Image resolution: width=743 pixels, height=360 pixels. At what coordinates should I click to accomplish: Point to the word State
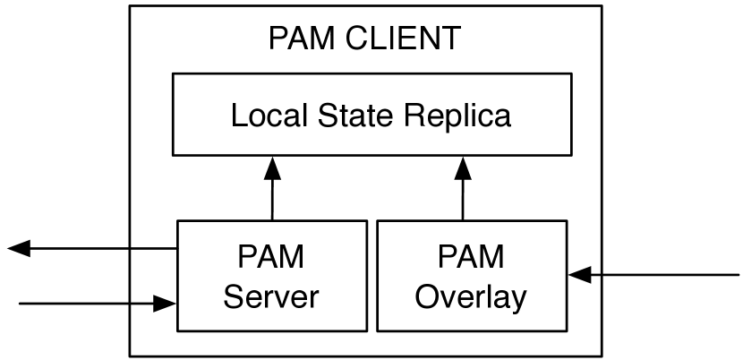(x=346, y=116)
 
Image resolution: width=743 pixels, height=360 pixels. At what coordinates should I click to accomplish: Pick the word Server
(x=271, y=296)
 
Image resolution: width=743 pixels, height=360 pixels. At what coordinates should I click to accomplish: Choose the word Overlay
(x=471, y=296)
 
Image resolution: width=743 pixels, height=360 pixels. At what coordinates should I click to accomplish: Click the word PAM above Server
(x=271, y=257)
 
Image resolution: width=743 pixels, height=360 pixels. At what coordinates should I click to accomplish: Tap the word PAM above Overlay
(x=471, y=257)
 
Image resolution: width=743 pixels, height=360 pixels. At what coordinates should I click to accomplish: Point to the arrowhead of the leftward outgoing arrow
(x=18, y=249)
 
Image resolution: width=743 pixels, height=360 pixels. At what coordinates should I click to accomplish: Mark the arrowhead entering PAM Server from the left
(x=167, y=304)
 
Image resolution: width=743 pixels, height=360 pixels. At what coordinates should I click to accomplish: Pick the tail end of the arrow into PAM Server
(x=20, y=304)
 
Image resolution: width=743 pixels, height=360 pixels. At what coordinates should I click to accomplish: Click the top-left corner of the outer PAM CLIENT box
(x=130, y=6)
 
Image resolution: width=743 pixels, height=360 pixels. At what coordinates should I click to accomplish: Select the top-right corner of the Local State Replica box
(x=571, y=74)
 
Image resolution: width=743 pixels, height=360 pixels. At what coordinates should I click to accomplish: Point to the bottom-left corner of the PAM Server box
(x=177, y=330)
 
